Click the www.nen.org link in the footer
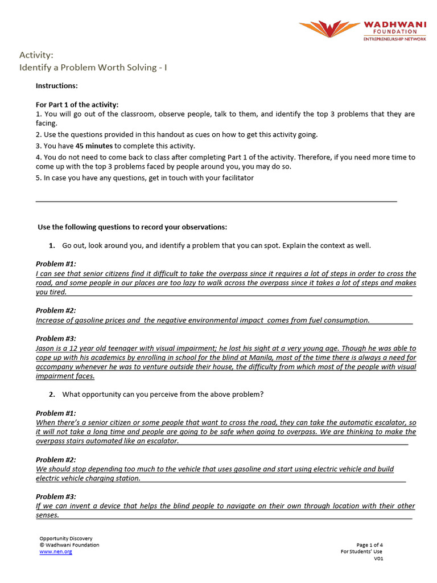[56, 552]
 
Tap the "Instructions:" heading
[56, 86]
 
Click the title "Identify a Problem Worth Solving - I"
[93, 68]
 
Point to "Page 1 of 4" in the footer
[369, 545]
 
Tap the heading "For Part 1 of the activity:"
[77, 105]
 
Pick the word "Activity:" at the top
[36, 55]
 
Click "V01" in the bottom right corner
[378, 559]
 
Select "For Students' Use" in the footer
[362, 552]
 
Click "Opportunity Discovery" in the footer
[66, 538]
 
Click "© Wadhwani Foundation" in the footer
[69, 545]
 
